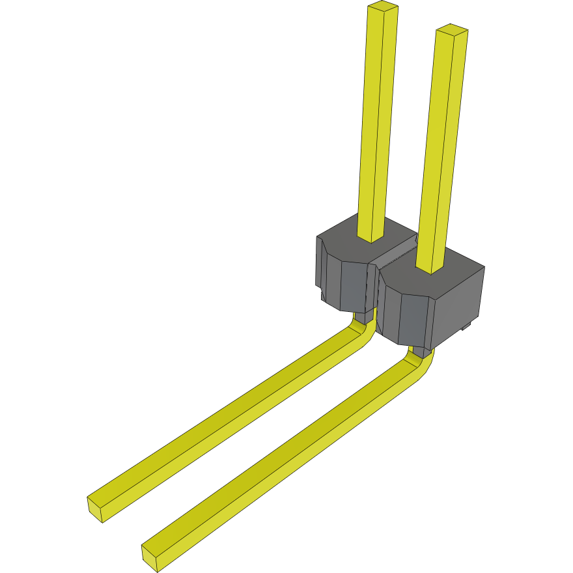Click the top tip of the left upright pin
(x=383, y=7)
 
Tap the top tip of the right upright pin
(x=453, y=29)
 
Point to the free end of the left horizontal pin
(x=96, y=508)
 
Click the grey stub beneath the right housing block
(x=422, y=352)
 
